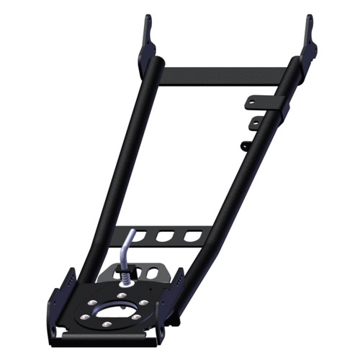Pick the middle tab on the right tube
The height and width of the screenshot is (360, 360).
click(x=254, y=124)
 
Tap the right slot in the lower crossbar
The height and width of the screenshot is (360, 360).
click(x=192, y=235)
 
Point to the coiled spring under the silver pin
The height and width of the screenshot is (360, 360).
click(x=128, y=277)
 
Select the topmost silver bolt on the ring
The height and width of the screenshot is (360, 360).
click(x=121, y=296)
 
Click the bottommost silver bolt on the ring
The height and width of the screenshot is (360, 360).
click(x=107, y=325)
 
